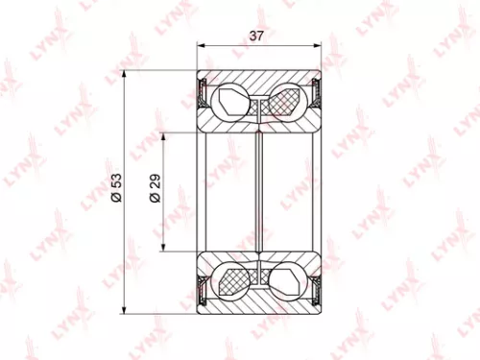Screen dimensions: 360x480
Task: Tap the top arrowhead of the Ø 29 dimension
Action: pyautogui.click(x=165, y=132)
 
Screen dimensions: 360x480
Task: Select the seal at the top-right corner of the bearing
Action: pyautogui.click(x=316, y=93)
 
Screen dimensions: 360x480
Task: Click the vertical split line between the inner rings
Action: pyautogui.click(x=260, y=192)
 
